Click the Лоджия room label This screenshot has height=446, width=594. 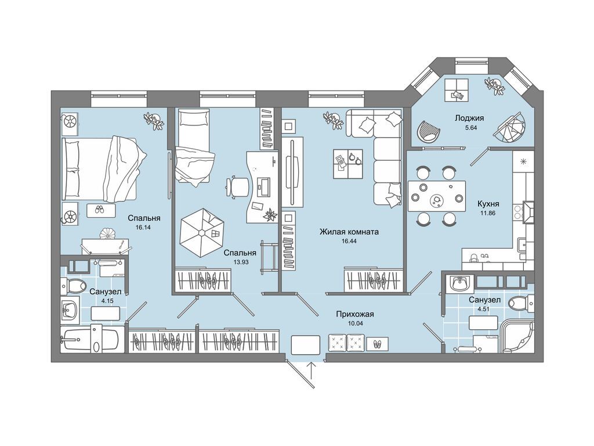469,118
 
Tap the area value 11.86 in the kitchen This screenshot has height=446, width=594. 487,213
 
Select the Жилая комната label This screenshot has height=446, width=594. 349,232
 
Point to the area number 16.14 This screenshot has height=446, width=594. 143,228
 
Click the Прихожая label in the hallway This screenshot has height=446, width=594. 354,314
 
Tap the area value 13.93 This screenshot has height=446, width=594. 241,262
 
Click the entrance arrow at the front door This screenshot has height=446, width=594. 312,371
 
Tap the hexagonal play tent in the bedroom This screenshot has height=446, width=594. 202,233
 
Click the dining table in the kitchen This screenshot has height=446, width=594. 437,197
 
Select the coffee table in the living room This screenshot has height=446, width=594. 348,163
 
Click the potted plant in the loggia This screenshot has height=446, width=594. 495,87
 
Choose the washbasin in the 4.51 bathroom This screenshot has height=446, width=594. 460,283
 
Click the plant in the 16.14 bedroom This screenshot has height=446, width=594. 154,121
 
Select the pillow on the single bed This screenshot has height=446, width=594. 194,118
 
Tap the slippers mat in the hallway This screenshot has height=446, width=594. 377,344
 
